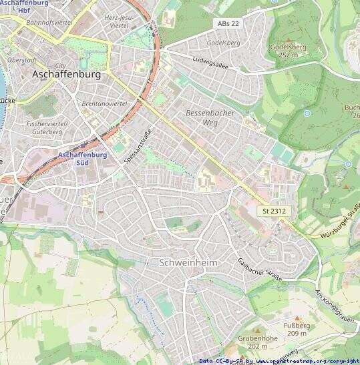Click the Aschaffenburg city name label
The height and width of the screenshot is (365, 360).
coord(66,75)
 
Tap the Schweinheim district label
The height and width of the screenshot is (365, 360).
coord(189,263)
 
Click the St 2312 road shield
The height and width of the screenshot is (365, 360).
coord(274,211)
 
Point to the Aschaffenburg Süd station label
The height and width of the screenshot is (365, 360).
coord(83,158)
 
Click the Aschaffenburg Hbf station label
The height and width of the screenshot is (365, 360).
coord(24,7)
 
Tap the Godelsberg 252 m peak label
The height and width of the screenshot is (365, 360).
coord(288,51)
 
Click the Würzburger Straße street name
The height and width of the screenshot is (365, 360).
coord(341,224)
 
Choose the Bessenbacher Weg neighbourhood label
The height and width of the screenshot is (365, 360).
coord(210,118)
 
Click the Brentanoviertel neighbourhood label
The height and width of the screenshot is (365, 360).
coord(104,105)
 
